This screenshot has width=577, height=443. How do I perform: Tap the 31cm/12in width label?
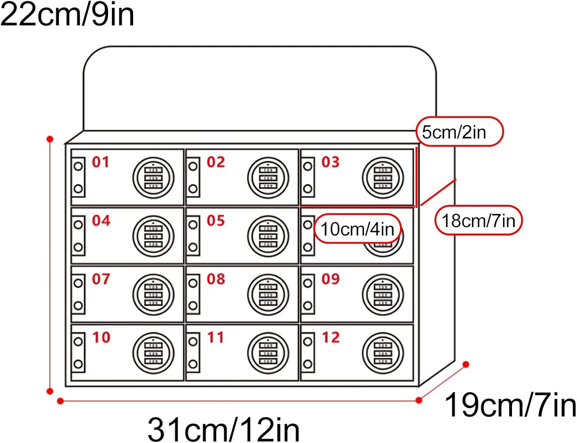[x=223, y=429]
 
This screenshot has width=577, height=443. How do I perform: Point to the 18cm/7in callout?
[x=478, y=221]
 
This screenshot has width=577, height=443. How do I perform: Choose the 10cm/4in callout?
[x=358, y=229]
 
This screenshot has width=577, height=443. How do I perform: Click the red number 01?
[x=100, y=162]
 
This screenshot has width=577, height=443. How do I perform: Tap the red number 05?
[x=215, y=221]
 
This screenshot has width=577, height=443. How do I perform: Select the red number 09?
[x=330, y=279]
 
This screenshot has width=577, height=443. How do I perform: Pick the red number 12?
[x=330, y=338]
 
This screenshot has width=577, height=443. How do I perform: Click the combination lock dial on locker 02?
[x=268, y=178]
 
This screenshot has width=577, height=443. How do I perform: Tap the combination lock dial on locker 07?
[x=153, y=295]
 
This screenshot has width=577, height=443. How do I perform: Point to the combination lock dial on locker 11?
[x=268, y=353]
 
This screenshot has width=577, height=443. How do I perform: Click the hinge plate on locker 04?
[x=78, y=236]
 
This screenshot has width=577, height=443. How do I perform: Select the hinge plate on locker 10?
[x=78, y=353]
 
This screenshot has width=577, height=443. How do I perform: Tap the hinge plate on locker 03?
[x=308, y=177]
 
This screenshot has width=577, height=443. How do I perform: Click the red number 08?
[x=215, y=279]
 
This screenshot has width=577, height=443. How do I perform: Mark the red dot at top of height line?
[x=50, y=139]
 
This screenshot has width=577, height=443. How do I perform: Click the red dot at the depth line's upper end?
[x=466, y=364]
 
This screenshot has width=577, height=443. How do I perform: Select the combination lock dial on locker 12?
[x=383, y=353]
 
